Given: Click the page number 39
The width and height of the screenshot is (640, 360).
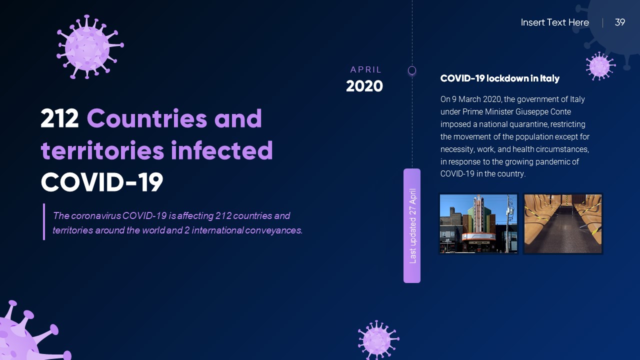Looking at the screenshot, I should coord(619,22).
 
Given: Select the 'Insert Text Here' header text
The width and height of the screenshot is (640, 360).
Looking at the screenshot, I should coord(554,22).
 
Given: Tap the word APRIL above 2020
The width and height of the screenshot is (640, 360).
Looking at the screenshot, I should coord(366,70).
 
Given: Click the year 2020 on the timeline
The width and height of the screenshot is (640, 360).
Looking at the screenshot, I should coord(364,86).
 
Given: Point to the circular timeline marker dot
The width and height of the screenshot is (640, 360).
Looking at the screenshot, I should coord(412,70).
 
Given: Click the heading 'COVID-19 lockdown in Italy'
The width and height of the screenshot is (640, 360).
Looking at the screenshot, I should coord(499,78).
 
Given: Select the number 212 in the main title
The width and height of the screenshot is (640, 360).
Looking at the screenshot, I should coord(60,119).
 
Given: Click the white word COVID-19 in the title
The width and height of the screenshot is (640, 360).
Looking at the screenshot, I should coord(102,182).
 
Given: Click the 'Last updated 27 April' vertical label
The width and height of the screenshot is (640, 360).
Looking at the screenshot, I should coord(412,225).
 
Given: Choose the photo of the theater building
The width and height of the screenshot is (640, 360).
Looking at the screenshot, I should coord(478,223).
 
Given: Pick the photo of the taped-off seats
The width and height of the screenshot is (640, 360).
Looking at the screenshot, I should coord(562,223).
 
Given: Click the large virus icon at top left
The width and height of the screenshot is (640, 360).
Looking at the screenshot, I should coord(89,47).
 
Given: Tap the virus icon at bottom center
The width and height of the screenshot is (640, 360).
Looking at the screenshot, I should coord(377,340).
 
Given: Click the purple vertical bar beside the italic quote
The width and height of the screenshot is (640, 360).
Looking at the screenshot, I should coord(44,221).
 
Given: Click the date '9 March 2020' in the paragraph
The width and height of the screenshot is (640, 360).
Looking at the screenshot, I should coord(475,99).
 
